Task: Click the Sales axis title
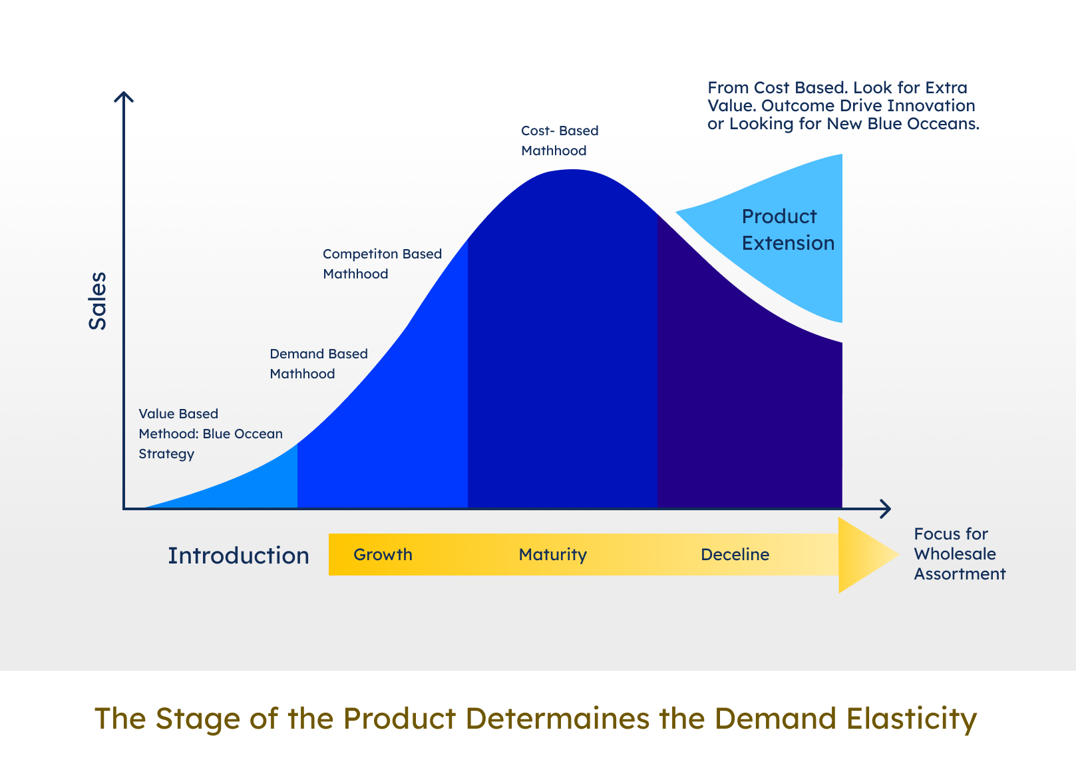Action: click(98, 300)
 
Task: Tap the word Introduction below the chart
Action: click(238, 556)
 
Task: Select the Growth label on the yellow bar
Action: click(383, 555)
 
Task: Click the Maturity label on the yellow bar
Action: click(552, 555)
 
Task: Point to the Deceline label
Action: click(735, 555)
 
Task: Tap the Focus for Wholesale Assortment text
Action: click(959, 554)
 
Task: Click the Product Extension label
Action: click(788, 230)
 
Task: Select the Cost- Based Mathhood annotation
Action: click(559, 141)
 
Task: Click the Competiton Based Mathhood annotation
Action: click(382, 264)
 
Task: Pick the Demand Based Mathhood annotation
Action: click(318, 364)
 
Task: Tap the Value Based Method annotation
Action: click(210, 434)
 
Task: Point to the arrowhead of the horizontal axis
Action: click(886, 509)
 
